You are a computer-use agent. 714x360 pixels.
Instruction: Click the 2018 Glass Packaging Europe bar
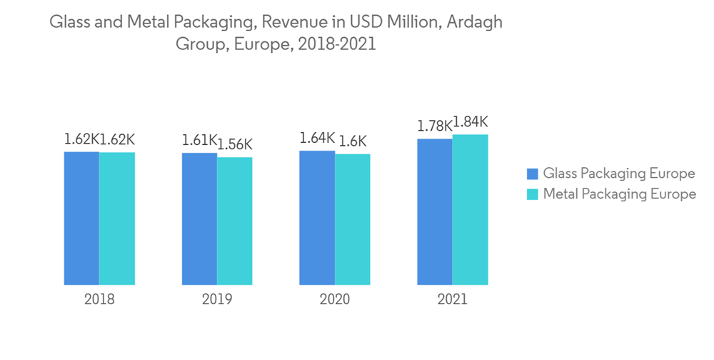tap(81, 218)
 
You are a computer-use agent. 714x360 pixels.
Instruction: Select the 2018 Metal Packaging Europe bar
tap(117, 219)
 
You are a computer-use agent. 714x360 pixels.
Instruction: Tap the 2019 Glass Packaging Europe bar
tap(199, 219)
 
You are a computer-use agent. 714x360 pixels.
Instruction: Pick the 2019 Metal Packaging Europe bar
tap(235, 221)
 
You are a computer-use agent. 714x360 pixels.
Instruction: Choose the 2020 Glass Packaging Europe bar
tap(317, 218)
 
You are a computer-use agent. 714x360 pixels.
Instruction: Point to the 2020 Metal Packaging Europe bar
tap(353, 219)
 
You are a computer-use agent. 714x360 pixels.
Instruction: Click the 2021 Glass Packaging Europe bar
tap(435, 211)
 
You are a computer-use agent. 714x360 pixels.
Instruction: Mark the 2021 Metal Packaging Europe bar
tap(471, 209)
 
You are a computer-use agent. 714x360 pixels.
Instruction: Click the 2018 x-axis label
tap(99, 299)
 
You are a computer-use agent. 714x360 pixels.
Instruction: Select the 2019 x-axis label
tap(217, 299)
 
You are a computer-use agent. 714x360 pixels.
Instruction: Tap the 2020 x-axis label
tap(335, 299)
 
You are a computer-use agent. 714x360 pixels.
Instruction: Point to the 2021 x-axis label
tap(453, 299)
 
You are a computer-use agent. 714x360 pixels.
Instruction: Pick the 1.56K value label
tap(235, 145)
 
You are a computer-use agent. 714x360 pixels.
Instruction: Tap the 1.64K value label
tap(317, 139)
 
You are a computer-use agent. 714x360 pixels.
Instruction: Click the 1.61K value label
tap(199, 140)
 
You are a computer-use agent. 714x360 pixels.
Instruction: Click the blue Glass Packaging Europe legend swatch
tap(532, 174)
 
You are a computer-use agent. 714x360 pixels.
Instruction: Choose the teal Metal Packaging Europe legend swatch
tap(532, 194)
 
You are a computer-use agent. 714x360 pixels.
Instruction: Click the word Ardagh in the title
tap(477, 22)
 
